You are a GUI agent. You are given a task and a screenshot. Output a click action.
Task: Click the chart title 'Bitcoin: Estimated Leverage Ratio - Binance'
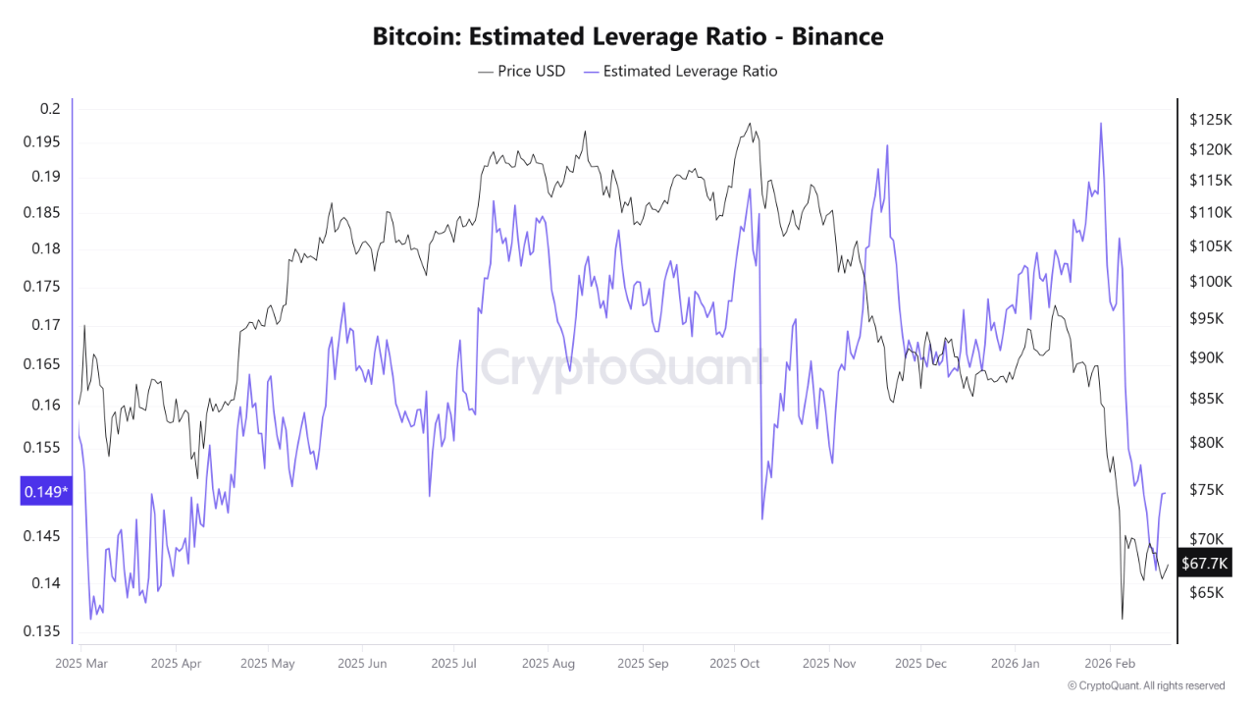(x=628, y=37)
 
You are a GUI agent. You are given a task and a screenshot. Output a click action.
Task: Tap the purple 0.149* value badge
(x=45, y=491)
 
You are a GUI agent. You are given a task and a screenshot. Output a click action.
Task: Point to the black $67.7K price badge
(x=1204, y=563)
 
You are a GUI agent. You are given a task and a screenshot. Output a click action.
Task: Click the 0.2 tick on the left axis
(x=50, y=108)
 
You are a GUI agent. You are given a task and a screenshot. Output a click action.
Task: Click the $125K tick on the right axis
(x=1209, y=120)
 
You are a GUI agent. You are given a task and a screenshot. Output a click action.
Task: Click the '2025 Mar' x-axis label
(x=82, y=663)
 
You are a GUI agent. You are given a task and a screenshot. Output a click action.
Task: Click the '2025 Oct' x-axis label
(x=735, y=663)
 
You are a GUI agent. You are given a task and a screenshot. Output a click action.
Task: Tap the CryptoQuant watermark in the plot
(x=623, y=369)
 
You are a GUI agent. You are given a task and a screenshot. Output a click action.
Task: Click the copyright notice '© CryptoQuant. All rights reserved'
(x=1145, y=685)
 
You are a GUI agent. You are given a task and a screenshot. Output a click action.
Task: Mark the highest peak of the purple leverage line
(x=1101, y=124)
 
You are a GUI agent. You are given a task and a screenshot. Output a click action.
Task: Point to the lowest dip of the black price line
(x=1122, y=619)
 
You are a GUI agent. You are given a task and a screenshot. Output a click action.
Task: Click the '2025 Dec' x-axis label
(x=921, y=663)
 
